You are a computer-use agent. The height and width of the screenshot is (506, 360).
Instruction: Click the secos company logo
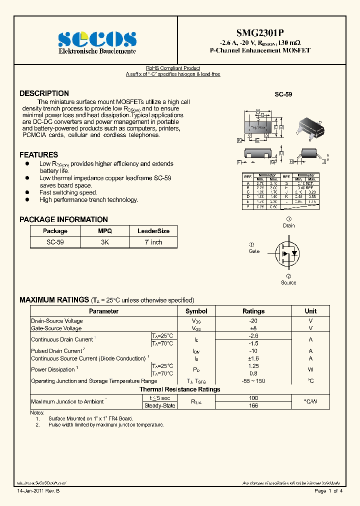97,39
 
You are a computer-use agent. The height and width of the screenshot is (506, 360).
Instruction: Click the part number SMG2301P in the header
261,31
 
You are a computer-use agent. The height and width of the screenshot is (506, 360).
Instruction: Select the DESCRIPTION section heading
44,93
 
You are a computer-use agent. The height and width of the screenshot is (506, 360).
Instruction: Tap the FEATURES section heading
38,155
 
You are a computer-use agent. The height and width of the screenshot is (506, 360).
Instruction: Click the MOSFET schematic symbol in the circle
288,253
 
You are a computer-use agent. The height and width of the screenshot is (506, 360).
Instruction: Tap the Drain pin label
288,225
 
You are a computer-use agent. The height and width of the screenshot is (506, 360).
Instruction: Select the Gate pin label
254,251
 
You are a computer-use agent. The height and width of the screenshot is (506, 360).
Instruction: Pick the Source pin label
288,282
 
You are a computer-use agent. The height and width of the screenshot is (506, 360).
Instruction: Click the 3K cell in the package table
105,242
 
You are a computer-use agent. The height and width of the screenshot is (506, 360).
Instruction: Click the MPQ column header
105,231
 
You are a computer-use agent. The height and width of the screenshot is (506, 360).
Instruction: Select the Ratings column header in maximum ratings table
253,311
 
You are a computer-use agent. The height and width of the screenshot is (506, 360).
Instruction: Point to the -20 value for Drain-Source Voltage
253,321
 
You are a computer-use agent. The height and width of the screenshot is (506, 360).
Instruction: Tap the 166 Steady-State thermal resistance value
253,405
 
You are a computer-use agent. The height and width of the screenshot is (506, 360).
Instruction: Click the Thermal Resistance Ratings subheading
179,389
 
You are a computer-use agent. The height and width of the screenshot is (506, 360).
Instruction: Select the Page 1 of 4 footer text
328,491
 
